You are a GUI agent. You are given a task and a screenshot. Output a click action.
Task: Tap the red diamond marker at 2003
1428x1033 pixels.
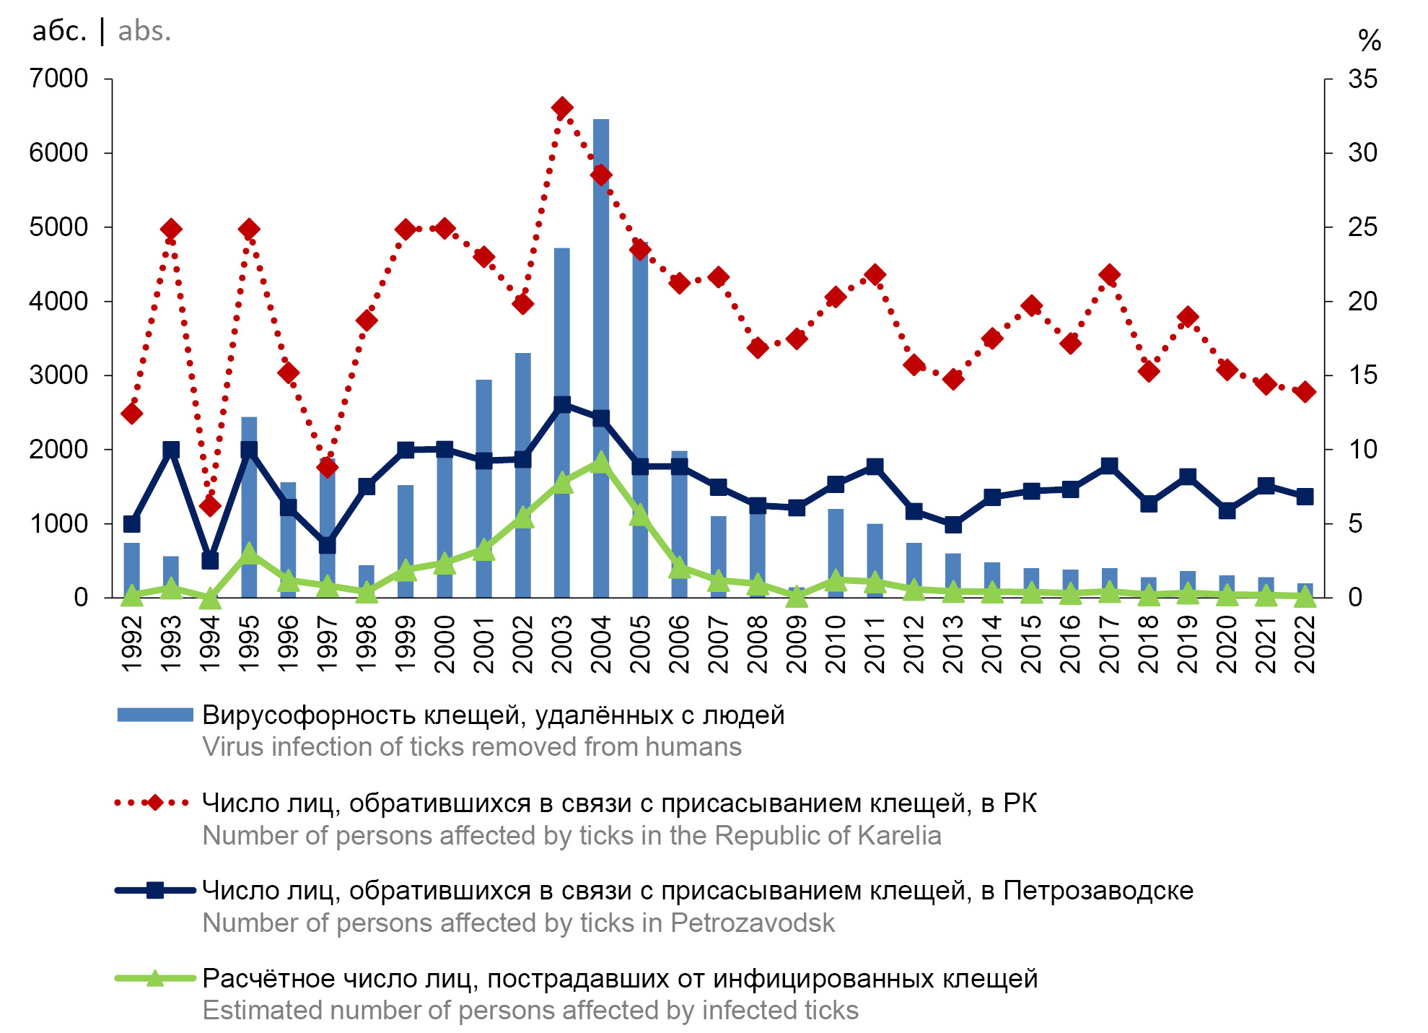coord(562,108)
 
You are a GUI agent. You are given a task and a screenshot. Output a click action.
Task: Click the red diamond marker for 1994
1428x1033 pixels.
coord(210,506)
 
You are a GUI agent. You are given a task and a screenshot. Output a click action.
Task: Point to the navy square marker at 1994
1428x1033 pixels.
coord(210,560)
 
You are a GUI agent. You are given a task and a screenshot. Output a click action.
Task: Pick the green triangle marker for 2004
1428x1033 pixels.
coord(600,463)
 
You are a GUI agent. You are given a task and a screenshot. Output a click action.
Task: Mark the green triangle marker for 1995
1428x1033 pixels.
coord(249,554)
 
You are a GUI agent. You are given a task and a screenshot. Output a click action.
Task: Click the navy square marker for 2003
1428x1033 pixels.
coord(562,404)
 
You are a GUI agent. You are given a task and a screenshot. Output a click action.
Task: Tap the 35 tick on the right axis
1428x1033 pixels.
coord(1362,79)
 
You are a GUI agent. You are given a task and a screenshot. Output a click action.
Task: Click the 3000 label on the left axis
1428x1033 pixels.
coord(58,375)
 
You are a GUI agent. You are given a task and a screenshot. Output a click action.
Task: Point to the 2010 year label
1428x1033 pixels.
coord(835,644)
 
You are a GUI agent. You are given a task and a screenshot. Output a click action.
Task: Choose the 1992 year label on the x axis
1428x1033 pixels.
coord(131,644)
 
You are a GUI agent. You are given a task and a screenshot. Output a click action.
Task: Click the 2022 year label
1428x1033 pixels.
coord(1305,644)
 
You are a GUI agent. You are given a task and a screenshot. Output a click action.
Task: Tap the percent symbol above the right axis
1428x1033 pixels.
coord(1369,40)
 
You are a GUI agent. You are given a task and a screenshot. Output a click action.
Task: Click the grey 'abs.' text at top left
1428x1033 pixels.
coord(144,31)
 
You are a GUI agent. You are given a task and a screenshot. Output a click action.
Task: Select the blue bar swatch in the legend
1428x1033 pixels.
coord(155,715)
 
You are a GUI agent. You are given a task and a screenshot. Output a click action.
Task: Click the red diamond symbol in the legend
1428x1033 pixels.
coord(154,803)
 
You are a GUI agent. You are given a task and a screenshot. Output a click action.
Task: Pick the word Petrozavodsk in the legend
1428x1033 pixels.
coord(753,923)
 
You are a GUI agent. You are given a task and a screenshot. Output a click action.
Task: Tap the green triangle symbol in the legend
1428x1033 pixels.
coord(154,979)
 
